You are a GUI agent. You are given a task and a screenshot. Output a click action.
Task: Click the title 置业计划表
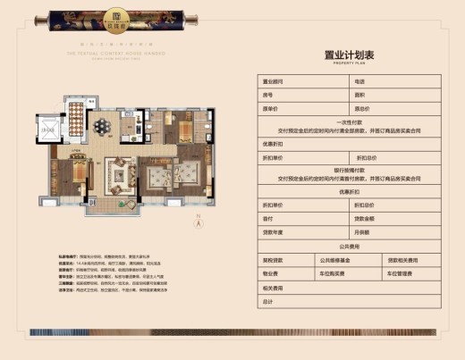click(343, 53)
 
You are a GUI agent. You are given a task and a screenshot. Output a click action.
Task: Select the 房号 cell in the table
click(267, 94)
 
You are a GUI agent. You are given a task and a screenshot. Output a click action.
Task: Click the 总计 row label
click(267, 303)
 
